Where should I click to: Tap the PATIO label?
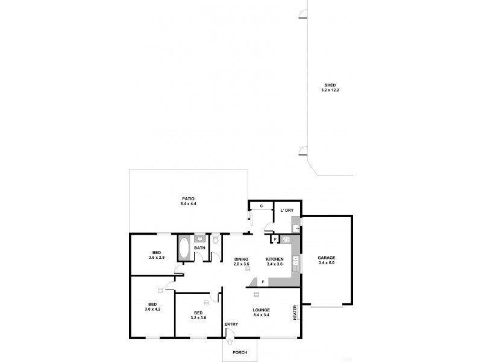[189, 198]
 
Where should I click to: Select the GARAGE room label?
[327, 258]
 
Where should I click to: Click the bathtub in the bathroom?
[184, 247]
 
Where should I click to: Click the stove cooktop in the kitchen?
[287, 239]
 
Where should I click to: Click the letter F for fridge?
[263, 282]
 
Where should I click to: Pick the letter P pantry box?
[275, 240]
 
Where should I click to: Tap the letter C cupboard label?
[261, 206]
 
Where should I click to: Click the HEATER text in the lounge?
[295, 312]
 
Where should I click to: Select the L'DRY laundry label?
[287, 210]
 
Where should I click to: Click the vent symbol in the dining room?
[247, 271]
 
